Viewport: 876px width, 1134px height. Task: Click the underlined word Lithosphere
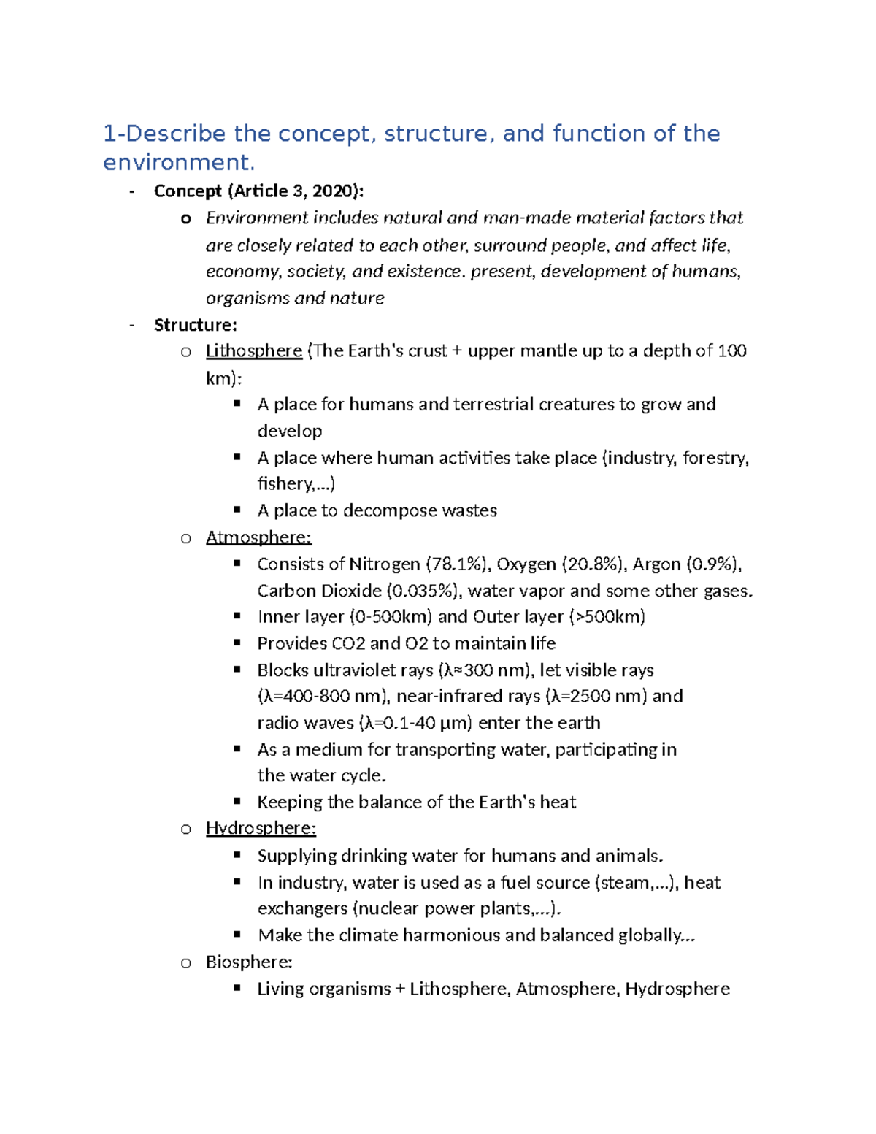253,351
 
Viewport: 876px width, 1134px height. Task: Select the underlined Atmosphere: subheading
258,537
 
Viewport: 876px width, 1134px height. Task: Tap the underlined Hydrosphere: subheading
261,828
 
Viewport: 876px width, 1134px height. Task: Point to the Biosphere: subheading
248,962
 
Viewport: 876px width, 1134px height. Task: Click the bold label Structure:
195,325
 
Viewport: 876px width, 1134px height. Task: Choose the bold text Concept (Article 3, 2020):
258,191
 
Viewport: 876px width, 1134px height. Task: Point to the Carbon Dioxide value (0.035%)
424,591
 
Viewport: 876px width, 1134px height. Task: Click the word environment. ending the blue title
179,162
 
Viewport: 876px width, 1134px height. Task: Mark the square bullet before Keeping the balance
237,802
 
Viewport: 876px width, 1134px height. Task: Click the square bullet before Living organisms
237,988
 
